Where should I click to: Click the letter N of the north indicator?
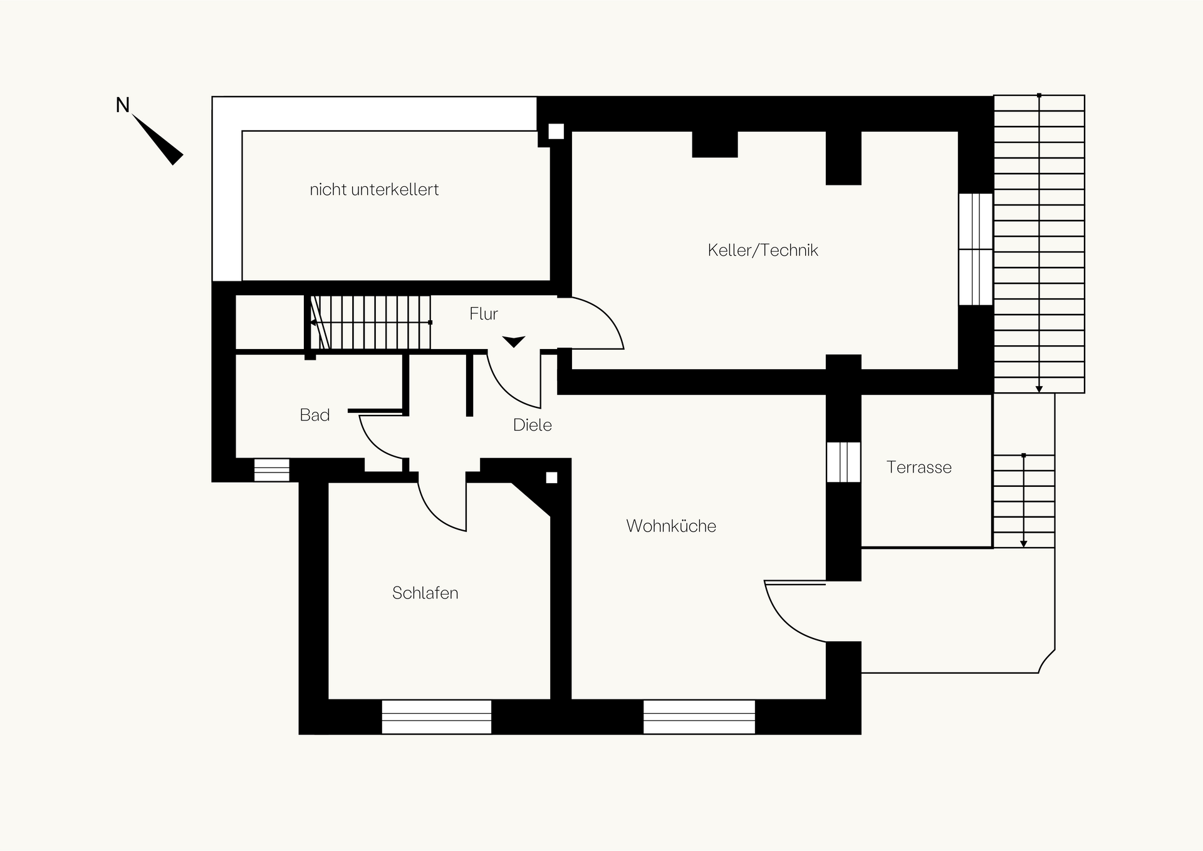pos(123,105)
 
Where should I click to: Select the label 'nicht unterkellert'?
pos(374,190)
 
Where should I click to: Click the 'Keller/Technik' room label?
pos(763,251)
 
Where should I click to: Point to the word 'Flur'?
pos(484,314)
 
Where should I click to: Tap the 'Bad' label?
pos(315,415)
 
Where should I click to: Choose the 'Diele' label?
pos(532,425)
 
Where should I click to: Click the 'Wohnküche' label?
pos(671,526)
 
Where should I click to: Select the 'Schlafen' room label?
pos(425,593)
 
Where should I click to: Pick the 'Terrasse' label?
pos(919,467)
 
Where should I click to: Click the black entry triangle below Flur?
pos(514,342)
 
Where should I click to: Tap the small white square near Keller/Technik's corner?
pos(556,132)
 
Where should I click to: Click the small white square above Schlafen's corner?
pos(551,478)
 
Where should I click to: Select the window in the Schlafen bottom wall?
pos(437,717)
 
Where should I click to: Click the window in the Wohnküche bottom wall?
pos(699,717)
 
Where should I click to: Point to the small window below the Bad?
pos(272,470)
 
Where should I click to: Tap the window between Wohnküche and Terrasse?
pos(843,462)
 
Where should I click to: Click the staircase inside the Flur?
pos(370,322)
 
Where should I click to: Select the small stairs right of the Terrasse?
pos(1024,501)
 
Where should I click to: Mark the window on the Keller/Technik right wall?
pos(976,249)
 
